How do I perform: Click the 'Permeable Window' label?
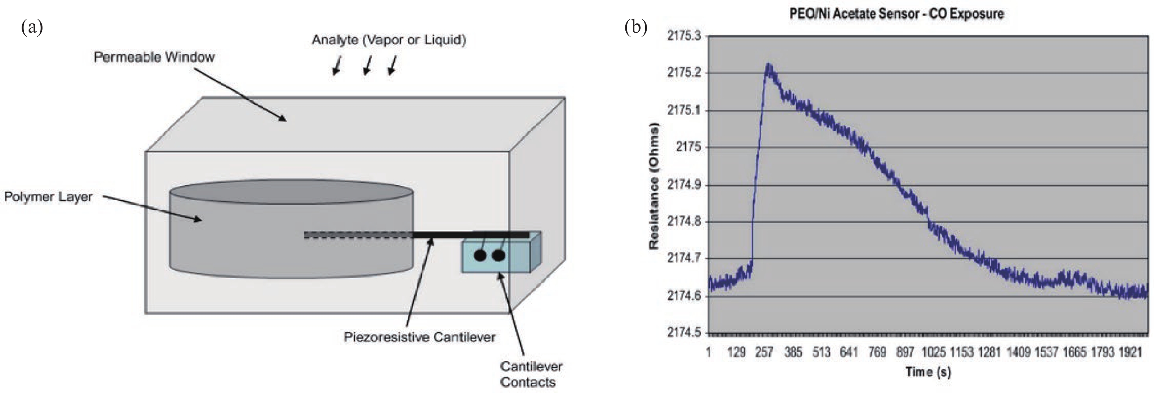point(154,57)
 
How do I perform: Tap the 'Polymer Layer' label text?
point(48,197)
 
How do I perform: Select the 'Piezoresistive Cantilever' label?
point(419,337)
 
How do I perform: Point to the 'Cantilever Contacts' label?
point(531,374)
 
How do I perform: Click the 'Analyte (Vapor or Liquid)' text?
point(389,40)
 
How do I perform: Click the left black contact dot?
point(480,256)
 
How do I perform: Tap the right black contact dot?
point(499,256)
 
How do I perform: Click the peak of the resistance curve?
point(769,64)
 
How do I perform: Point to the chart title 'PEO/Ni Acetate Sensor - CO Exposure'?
point(896,14)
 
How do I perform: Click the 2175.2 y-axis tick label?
point(684,73)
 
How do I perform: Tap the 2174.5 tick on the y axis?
point(684,333)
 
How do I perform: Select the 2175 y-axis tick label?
point(688,147)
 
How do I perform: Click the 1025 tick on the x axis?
point(933,352)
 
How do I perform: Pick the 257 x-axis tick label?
point(764,352)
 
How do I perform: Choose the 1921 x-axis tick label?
point(1129,352)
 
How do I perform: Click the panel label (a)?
point(32,27)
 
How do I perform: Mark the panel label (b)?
point(636,27)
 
